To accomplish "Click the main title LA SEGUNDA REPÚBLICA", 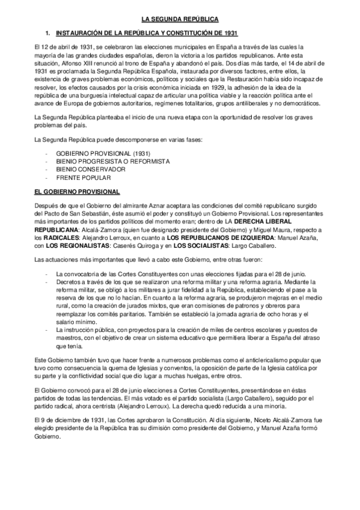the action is [180, 19].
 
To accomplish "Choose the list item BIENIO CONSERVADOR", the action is [90, 170].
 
